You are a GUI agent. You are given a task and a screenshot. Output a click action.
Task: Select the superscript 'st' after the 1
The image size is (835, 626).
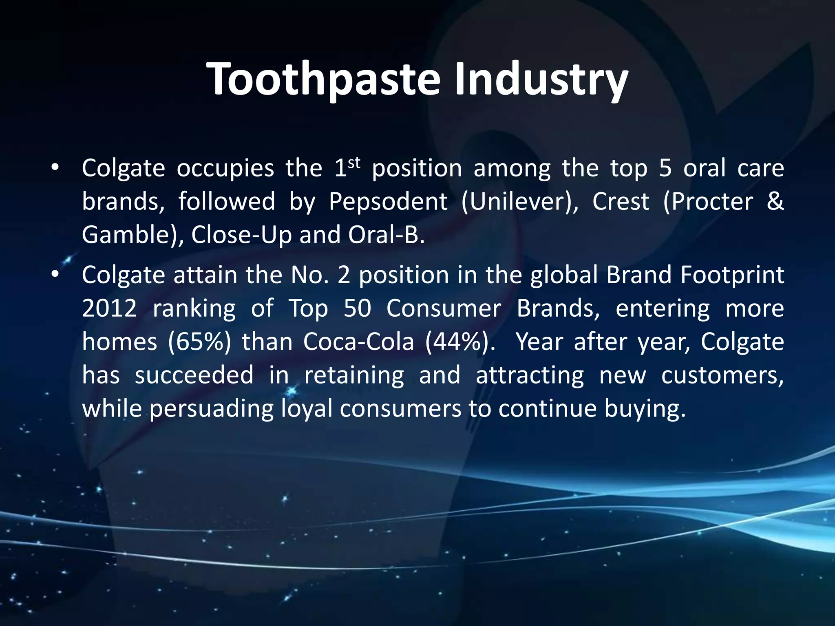pyautogui.click(x=355, y=163)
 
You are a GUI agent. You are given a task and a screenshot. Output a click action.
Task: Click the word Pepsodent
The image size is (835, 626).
pyautogui.click(x=388, y=201)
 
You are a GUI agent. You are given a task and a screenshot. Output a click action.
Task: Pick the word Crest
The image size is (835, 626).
pyautogui.click(x=621, y=201)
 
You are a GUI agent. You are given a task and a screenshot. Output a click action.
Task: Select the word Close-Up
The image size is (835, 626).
pyautogui.click(x=241, y=235)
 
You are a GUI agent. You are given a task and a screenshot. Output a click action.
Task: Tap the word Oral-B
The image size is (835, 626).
pyautogui.click(x=386, y=235)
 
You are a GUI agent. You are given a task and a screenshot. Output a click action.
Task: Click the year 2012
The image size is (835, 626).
pyautogui.click(x=109, y=309)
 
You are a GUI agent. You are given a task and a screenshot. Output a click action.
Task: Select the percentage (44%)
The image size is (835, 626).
pyautogui.click(x=460, y=342)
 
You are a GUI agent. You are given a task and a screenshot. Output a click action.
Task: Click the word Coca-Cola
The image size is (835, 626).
pyautogui.click(x=358, y=342)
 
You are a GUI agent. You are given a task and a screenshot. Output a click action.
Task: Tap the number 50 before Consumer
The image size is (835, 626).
pyautogui.click(x=357, y=309)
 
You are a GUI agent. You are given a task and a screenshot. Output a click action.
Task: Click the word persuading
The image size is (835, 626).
pyautogui.click(x=212, y=409)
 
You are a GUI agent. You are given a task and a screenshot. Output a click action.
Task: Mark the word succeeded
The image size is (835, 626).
pyautogui.click(x=194, y=375)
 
